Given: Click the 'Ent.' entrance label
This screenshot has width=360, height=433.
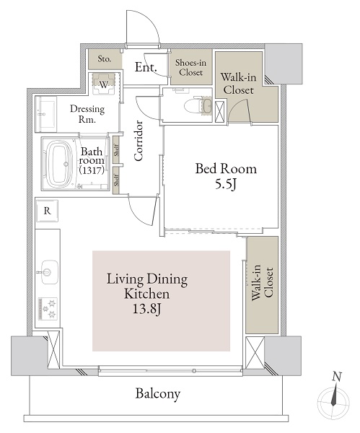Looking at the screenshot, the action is coord(146,67).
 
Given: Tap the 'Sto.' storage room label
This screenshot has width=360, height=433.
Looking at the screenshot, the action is coord(105,59).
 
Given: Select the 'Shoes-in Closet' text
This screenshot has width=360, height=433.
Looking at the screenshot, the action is coord(190,67).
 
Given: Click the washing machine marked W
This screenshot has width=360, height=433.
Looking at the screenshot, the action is coord(104,84).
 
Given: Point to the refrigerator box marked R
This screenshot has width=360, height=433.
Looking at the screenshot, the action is coord(47,211).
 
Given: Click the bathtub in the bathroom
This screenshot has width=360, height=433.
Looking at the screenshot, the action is coord(59,165).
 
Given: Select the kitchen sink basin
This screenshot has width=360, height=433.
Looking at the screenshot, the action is coord(50,272).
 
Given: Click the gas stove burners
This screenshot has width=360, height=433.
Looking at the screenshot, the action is coord(48,309).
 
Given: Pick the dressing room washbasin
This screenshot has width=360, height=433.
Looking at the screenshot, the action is coord(46,114).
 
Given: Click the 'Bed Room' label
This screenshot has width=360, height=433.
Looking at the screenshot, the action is coord(226,169).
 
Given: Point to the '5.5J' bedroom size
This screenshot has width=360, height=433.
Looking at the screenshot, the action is coord(226,185).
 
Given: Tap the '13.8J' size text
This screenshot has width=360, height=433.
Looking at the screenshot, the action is coord(147,310).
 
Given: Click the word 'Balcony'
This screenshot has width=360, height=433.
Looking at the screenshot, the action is coord(158,393).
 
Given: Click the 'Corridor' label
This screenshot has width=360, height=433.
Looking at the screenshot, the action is coord(139,141).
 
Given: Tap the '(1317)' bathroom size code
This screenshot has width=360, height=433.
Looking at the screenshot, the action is coord(92,170).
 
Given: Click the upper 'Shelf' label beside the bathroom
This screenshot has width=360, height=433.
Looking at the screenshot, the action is coord(116,150).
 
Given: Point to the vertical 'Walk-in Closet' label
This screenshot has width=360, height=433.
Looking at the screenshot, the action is coord(262,283).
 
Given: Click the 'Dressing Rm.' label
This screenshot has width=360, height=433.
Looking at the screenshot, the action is coord(87,114).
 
